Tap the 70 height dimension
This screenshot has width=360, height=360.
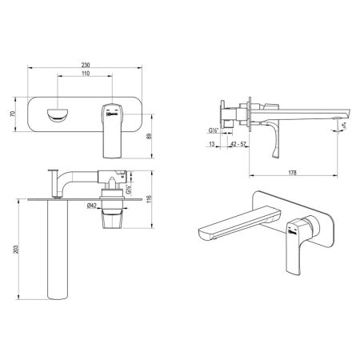[12, 114]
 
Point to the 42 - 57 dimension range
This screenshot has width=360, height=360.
[238, 144]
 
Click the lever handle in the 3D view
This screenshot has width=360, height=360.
[295, 243]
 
